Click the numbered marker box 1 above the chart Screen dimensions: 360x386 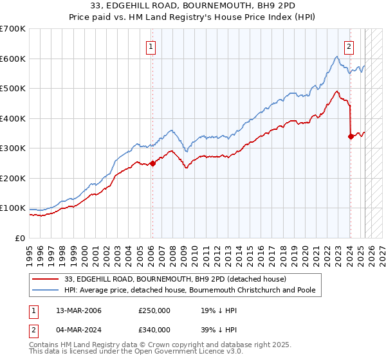pos(151,46)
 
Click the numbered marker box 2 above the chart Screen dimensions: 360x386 pos(349,46)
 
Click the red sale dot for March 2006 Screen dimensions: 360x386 pos(152,163)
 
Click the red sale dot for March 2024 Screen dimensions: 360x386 pos(351,136)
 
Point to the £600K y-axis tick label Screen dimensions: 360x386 pos(13,59)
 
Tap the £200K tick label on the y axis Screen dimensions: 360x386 pos(13,178)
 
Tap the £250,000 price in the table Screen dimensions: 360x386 pos(154,310)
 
